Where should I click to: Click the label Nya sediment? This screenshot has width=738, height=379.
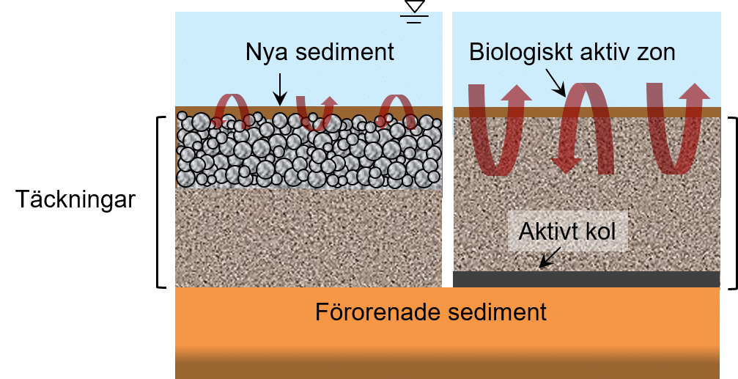pos(320,53)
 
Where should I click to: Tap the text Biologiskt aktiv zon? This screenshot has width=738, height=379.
pos(572,52)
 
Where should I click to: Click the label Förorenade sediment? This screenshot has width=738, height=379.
pos(431,312)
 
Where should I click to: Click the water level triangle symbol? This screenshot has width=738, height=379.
pos(415,7)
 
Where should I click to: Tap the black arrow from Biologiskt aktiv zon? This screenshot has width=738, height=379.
pos(554,82)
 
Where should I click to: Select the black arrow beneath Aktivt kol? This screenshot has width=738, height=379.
pos(550,257)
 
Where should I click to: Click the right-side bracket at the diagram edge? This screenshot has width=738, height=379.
pos(731,202)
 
